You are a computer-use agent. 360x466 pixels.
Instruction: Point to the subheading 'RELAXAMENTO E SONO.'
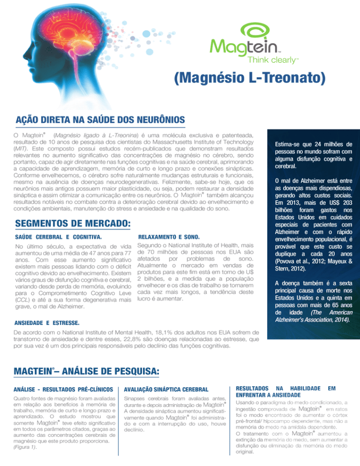pos(170,237)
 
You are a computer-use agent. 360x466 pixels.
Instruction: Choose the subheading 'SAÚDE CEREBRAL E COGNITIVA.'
pos(59,237)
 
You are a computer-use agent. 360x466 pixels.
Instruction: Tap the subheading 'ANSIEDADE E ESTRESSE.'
pos(47,323)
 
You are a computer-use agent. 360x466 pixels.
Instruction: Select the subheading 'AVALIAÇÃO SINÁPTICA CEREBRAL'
pos(163,389)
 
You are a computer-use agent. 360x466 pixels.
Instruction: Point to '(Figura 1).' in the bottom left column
pos(27,447)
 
